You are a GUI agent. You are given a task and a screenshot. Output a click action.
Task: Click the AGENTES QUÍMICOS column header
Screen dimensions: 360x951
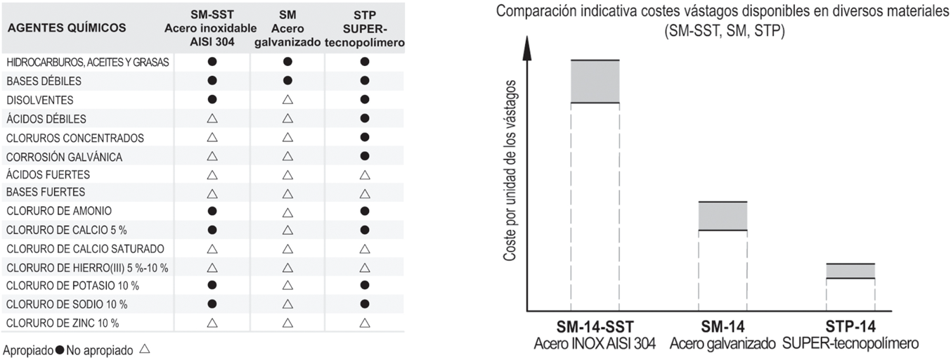coord(67,29)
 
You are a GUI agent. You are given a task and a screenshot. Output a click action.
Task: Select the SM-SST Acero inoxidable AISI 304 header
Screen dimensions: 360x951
coord(212,28)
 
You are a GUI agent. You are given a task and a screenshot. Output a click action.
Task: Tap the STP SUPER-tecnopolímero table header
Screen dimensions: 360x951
coord(364,28)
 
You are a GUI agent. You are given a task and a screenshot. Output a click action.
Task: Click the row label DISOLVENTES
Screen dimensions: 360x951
coord(39,101)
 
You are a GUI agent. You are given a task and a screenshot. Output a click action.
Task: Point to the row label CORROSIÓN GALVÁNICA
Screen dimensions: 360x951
coord(64,157)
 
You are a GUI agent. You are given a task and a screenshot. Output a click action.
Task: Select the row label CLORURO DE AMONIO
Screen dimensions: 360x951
coord(58,211)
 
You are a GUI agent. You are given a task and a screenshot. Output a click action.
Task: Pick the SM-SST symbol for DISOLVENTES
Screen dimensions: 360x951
coord(212,100)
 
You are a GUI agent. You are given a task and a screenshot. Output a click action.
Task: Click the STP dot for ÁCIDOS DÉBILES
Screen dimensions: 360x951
coord(364,119)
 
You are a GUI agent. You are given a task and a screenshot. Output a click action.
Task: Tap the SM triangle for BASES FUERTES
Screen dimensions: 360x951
coord(287,193)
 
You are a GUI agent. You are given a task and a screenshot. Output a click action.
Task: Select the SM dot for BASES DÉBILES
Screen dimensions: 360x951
coord(287,81)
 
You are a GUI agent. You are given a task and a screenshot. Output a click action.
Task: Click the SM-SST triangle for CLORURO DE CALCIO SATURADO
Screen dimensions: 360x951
coord(212,249)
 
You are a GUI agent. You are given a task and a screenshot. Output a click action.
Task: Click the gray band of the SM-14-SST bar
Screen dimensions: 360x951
coord(595,82)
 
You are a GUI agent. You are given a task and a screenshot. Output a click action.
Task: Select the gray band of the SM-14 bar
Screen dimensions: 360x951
coord(722,216)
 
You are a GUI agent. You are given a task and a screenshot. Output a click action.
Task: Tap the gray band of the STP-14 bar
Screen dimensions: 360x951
coord(850,271)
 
